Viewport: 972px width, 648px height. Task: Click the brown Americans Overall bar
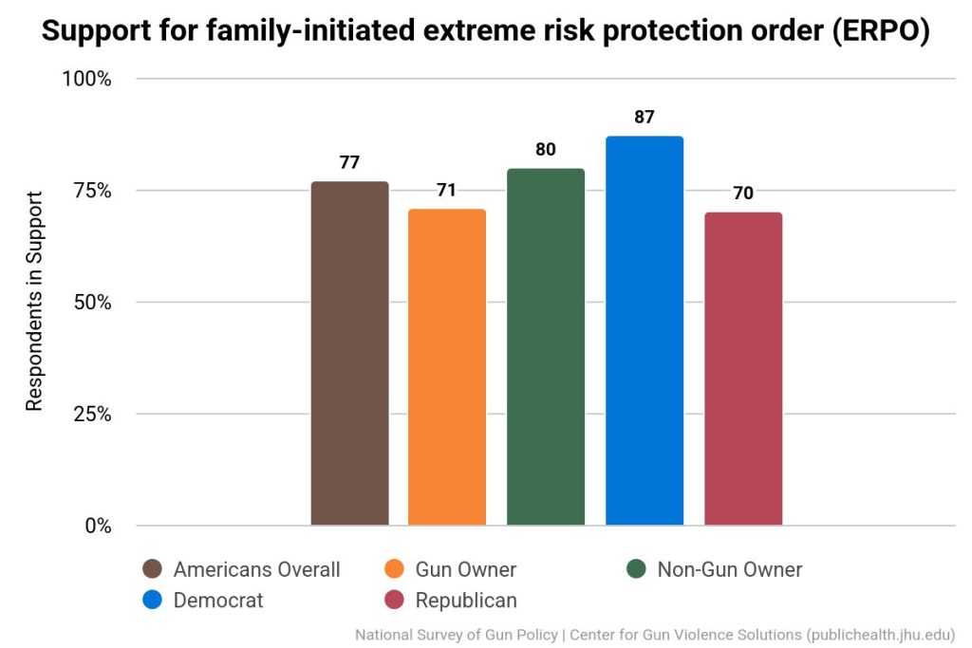click(x=349, y=353)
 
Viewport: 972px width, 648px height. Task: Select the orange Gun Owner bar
click(x=447, y=366)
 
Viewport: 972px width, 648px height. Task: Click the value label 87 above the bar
click(x=645, y=118)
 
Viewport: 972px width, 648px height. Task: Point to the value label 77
click(x=349, y=162)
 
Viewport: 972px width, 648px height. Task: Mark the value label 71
click(x=447, y=190)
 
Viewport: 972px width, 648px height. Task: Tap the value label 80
click(x=546, y=149)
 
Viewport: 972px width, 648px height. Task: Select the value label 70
click(x=743, y=193)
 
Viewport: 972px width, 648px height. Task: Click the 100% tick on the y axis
click(x=87, y=79)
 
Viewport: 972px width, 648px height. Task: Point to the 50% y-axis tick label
click(x=92, y=303)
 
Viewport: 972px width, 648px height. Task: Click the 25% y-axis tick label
click(x=92, y=415)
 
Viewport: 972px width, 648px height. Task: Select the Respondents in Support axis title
click(x=35, y=302)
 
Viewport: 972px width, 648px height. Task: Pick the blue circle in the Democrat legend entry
click(x=152, y=600)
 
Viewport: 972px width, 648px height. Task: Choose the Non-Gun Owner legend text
click(x=729, y=569)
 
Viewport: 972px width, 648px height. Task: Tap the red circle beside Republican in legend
click(x=395, y=600)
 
